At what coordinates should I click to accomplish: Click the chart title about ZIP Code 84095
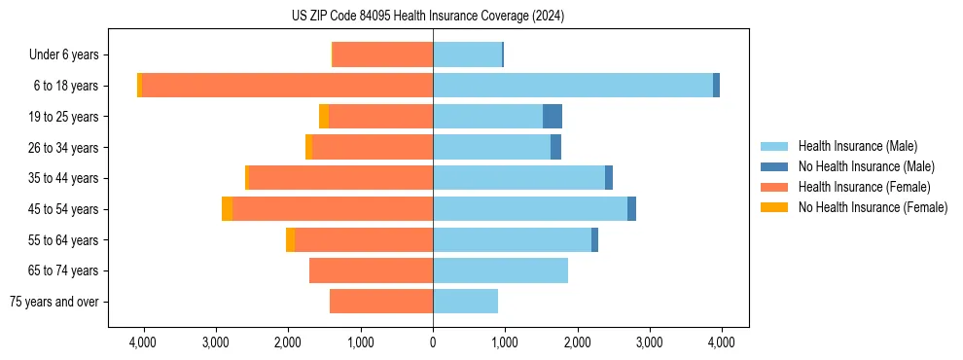click(427, 17)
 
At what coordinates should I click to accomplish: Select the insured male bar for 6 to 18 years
click(573, 86)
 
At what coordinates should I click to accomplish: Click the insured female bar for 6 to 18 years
click(287, 86)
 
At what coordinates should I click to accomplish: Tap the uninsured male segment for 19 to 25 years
click(552, 117)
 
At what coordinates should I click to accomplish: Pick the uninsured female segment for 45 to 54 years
click(227, 209)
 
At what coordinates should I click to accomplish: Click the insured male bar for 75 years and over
click(465, 302)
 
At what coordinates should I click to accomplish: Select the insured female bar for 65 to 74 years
click(371, 270)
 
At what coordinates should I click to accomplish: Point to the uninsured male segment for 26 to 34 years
click(555, 148)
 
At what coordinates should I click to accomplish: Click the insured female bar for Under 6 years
click(382, 54)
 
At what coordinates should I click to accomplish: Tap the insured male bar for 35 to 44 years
click(518, 178)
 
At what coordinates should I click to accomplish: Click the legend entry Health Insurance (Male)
click(857, 146)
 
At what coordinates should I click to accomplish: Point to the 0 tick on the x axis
click(433, 342)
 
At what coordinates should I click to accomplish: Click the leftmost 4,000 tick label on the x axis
click(143, 342)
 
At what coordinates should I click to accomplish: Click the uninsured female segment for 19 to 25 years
click(324, 117)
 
